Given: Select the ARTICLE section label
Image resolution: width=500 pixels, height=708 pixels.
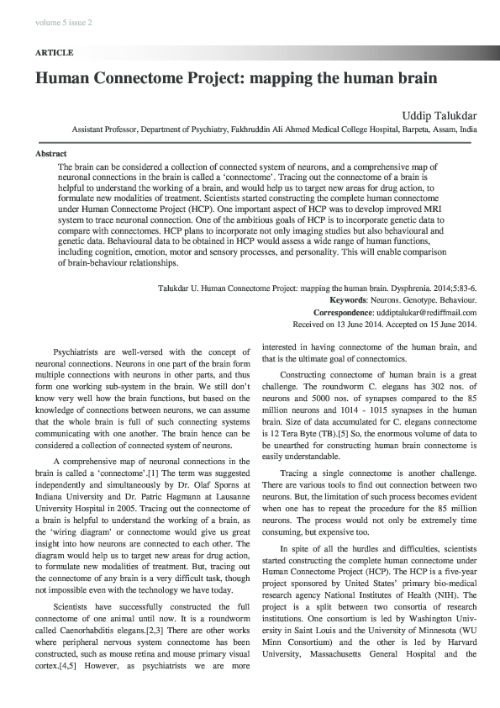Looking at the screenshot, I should [x=54, y=52].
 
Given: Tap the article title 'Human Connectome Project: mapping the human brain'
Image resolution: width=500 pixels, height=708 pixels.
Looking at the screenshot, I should [x=236, y=79].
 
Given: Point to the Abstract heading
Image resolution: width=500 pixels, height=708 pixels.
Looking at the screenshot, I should [x=50, y=155].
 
